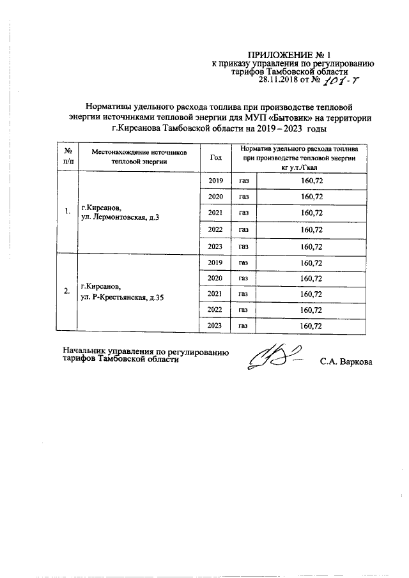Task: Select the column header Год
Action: pos(215,157)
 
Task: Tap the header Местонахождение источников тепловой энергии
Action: pos(139,157)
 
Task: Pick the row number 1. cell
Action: pos(67,213)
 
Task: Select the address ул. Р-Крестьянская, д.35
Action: pos(122,298)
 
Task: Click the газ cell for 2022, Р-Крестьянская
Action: pos(243,310)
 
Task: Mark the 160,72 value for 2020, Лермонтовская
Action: pos(311,196)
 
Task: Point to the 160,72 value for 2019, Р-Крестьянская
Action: pos(311,262)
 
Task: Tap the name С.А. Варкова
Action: pos(345,362)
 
